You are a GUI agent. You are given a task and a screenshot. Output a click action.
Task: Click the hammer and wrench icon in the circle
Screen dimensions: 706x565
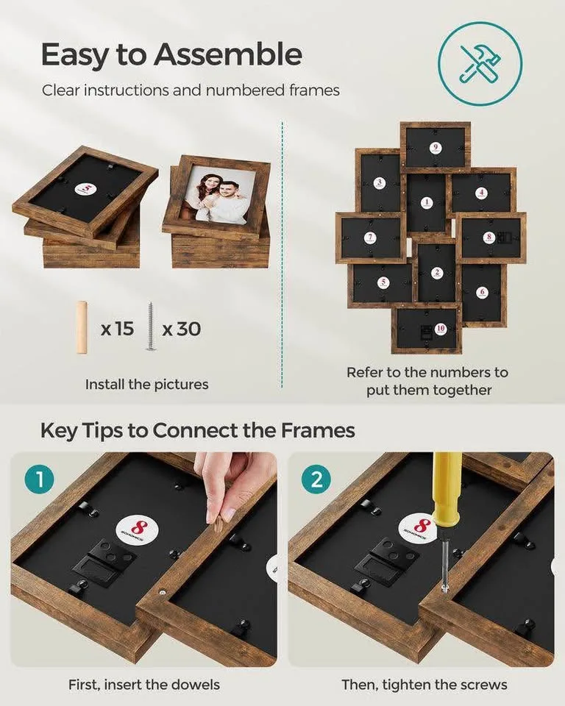[479, 63]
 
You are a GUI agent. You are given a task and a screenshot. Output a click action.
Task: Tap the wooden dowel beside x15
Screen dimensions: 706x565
[81, 327]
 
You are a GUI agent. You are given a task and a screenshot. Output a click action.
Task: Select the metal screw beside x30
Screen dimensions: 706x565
[151, 327]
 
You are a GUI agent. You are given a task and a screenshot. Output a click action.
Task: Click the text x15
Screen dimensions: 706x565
[117, 328]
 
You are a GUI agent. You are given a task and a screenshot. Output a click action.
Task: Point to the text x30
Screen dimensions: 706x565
[182, 328]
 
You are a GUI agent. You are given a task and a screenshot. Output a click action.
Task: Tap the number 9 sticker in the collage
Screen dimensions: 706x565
[436, 148]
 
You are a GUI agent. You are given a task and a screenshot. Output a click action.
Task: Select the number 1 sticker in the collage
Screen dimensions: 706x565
[426, 202]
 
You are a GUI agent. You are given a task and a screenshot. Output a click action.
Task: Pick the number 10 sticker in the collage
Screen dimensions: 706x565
[441, 329]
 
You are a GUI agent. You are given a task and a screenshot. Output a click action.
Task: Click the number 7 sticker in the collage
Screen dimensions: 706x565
[369, 238]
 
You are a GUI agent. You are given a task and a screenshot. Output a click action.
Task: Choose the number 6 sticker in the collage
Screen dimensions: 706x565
[482, 292]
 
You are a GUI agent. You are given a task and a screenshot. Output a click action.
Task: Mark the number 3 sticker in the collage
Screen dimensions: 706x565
[379, 183]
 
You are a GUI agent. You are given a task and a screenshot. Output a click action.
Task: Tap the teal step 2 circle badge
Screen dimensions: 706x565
[317, 480]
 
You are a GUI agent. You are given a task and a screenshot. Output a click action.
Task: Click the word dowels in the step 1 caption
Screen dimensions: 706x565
[191, 685]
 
